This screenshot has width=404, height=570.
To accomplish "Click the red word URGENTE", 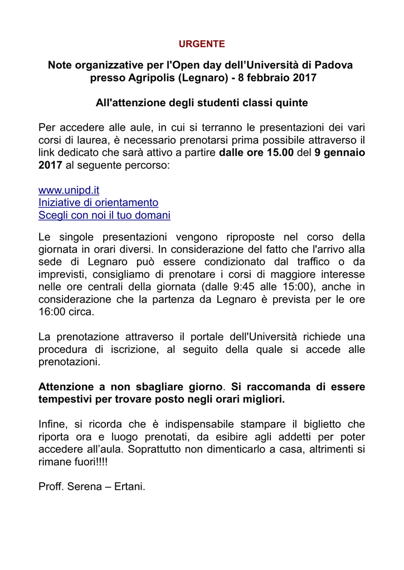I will point(202,43).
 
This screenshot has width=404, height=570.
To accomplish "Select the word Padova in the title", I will point(334,65).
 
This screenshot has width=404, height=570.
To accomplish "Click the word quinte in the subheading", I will point(290,103).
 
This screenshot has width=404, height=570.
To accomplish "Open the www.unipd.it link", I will point(69,190).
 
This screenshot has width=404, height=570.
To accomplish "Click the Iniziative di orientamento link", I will point(98,203).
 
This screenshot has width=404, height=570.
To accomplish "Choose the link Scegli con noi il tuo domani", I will point(104,215).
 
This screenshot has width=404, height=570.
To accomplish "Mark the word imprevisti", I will point(61,274).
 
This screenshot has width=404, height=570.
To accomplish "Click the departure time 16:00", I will point(51,312).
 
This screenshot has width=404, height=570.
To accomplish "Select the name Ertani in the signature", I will point(129,487).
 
